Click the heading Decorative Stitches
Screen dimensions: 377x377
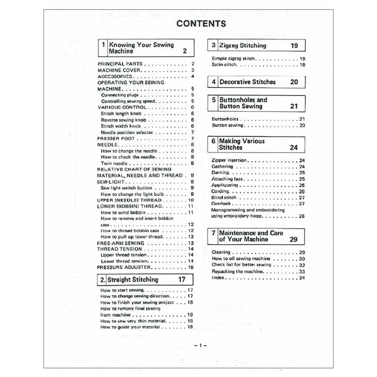(247, 81)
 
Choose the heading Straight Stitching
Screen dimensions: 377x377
(133, 279)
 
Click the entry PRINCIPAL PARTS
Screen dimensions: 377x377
(121, 64)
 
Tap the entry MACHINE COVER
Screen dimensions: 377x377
(118, 70)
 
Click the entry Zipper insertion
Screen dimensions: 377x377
(229, 160)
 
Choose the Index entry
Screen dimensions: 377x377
(217, 277)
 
